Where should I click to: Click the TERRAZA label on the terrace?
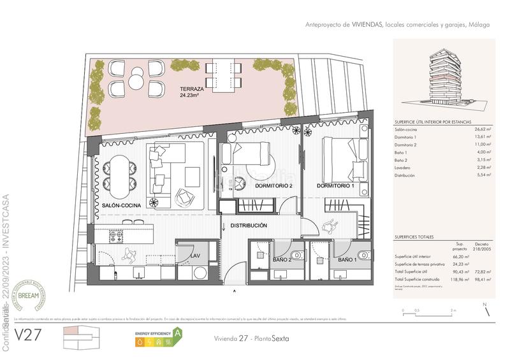[x=192, y=89]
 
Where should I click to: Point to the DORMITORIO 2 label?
[x=273, y=186]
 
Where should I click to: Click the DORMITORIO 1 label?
[x=335, y=186]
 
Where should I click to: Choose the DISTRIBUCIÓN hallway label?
[x=249, y=226]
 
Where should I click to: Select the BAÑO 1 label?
[x=346, y=261]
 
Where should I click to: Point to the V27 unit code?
[x=28, y=335]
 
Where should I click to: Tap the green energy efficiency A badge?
[x=178, y=332]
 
